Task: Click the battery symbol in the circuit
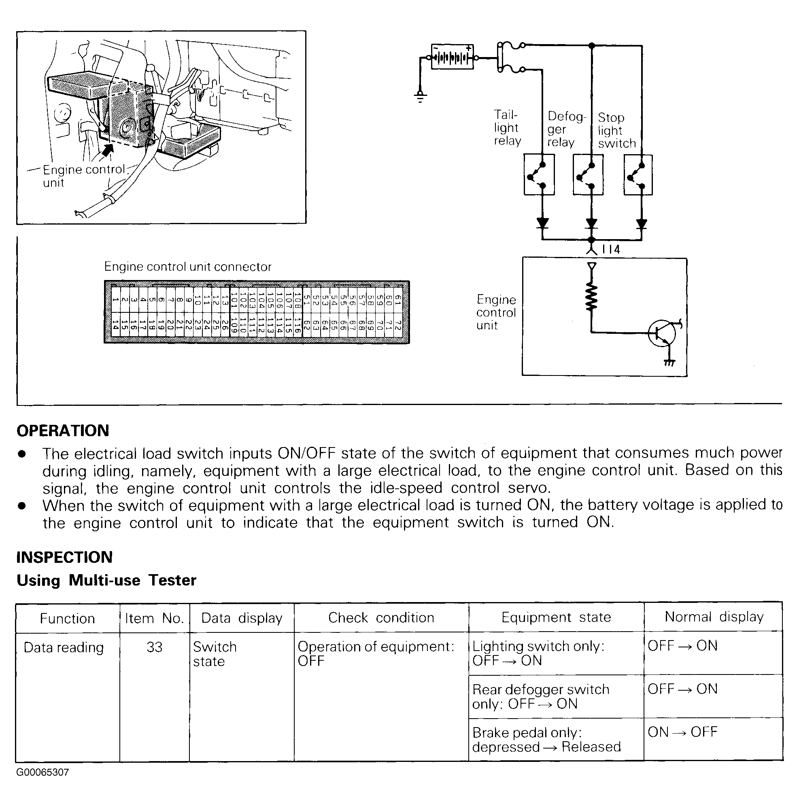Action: click(452, 57)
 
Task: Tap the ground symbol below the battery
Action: click(420, 97)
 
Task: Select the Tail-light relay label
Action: click(507, 128)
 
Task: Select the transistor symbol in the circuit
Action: click(662, 333)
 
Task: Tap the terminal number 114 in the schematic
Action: click(611, 250)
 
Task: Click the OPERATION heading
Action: click(63, 431)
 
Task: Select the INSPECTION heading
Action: click(64, 557)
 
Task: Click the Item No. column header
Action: click(154, 618)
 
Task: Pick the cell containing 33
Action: click(154, 647)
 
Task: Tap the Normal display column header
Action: click(714, 617)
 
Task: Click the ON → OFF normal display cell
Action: click(682, 732)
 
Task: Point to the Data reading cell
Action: click(64, 647)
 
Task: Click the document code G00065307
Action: click(42, 772)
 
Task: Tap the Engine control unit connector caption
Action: click(188, 267)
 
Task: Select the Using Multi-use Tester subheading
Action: click(106, 580)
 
